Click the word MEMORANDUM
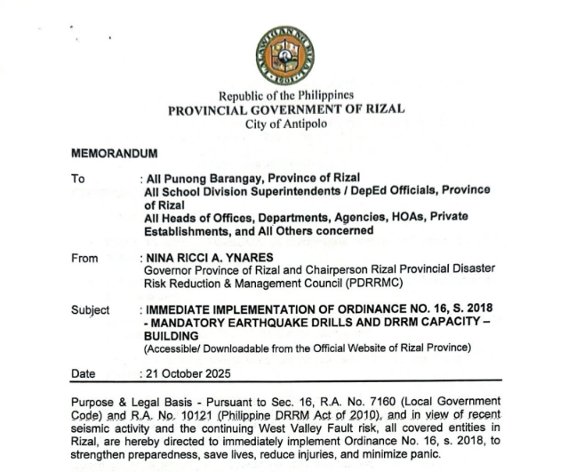[x=114, y=154]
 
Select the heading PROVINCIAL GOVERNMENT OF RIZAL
[x=284, y=109]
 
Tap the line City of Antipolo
[x=284, y=124]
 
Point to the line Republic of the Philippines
[x=284, y=95]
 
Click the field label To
[x=78, y=179]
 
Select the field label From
[x=84, y=258]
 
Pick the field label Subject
[x=90, y=310]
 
